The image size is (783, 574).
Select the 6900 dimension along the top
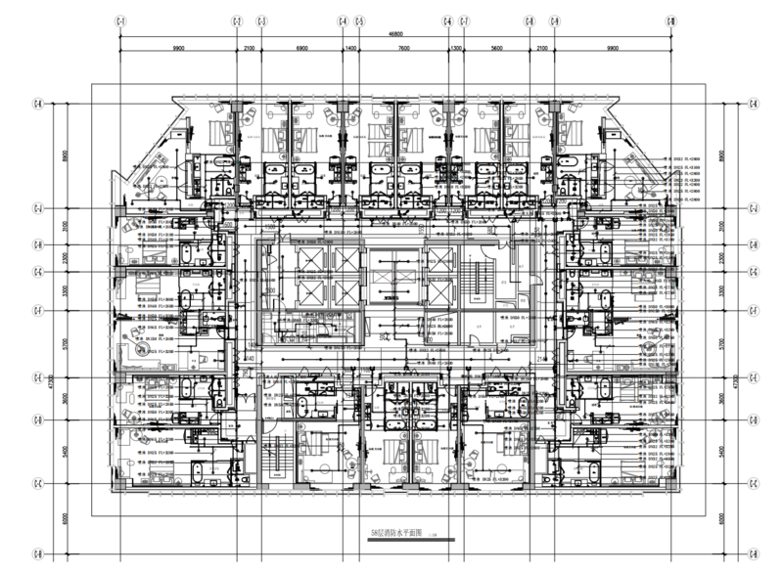pyautogui.click(x=301, y=47)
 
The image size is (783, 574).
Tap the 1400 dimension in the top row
pyautogui.click(x=350, y=47)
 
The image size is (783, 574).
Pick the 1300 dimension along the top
pyautogui.click(x=456, y=47)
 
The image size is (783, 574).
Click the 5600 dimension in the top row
pyautogui.click(x=497, y=47)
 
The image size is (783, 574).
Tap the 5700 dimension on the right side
pyautogui.click(x=721, y=344)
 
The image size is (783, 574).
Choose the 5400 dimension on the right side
pyautogui.click(x=721, y=453)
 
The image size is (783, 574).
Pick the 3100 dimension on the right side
pyautogui.click(x=721, y=226)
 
